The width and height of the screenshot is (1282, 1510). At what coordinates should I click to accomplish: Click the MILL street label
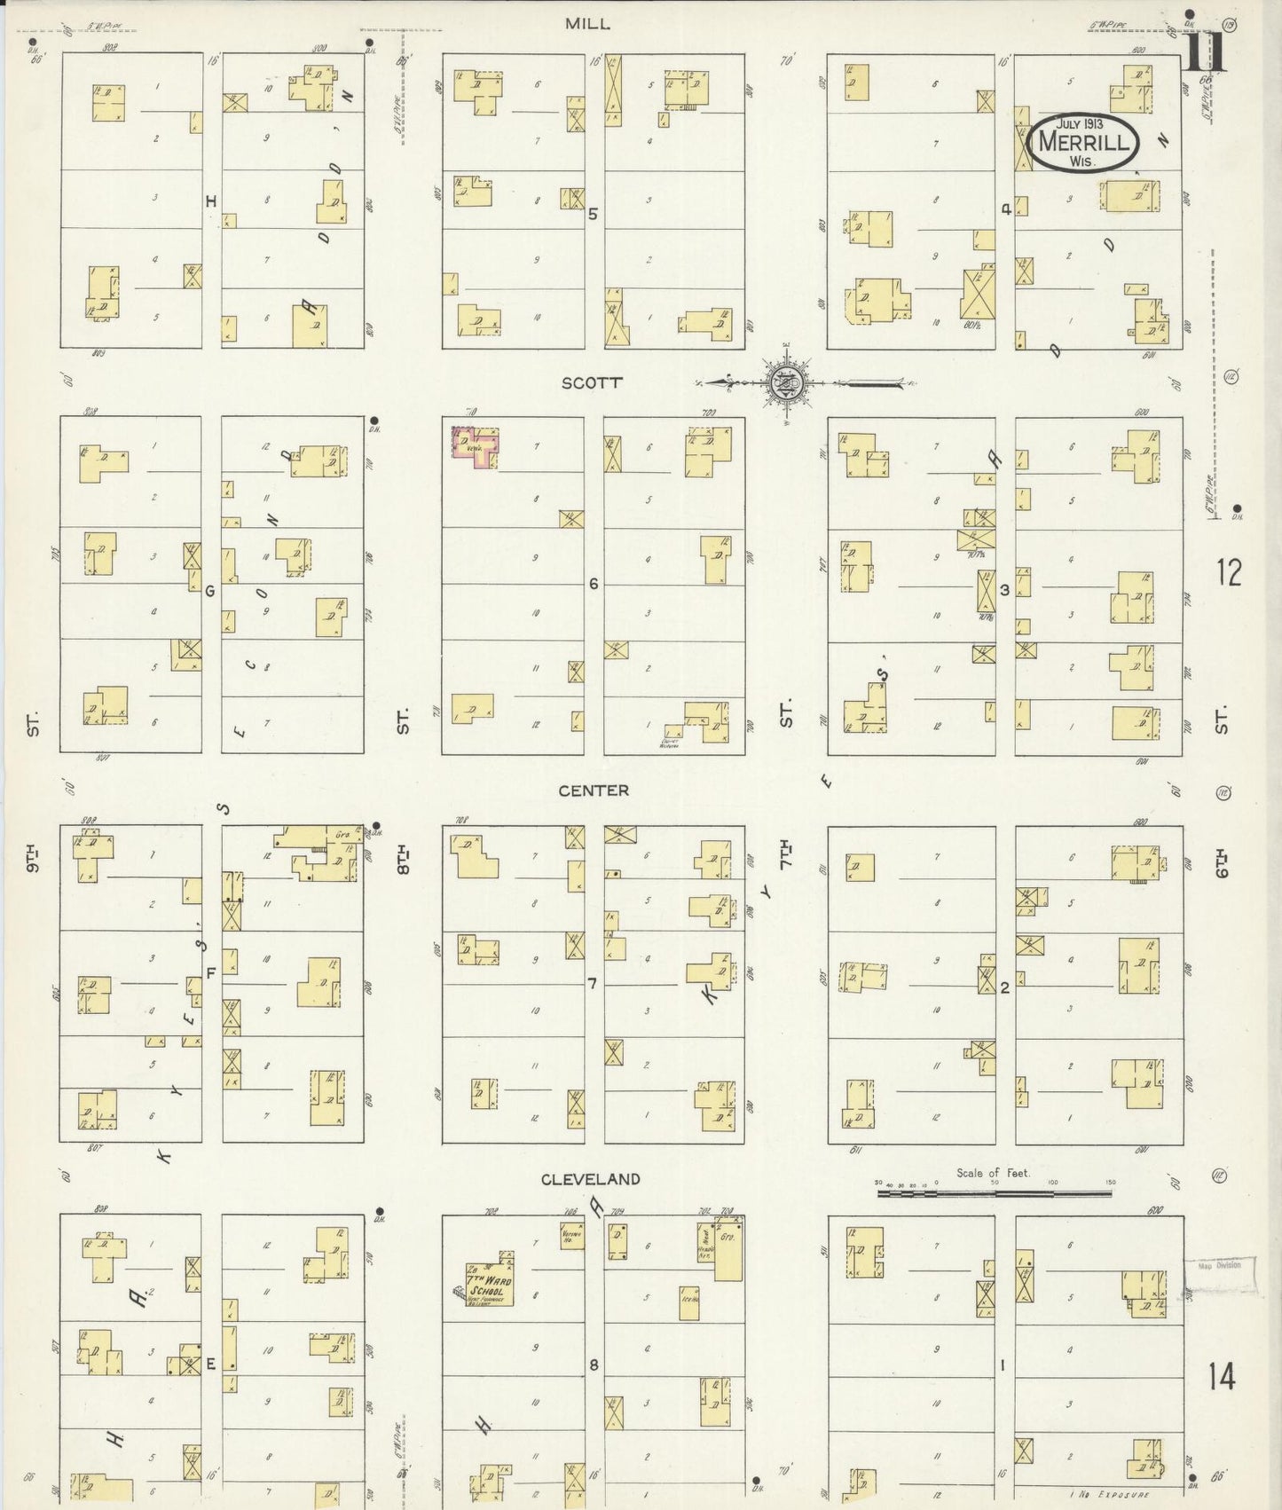[587, 24]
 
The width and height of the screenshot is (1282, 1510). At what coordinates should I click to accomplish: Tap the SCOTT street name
[592, 382]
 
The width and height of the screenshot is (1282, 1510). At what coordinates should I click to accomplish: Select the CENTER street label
[594, 790]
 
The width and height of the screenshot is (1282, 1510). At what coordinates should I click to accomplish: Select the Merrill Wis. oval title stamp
[1082, 142]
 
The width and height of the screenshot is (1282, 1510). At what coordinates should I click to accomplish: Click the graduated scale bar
[994, 1194]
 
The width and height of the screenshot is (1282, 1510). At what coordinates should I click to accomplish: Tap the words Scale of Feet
[993, 1173]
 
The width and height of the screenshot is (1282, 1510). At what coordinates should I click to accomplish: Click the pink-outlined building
[475, 444]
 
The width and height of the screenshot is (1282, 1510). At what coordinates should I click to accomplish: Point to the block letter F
[211, 973]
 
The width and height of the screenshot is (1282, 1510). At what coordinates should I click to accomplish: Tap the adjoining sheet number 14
[1221, 1377]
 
